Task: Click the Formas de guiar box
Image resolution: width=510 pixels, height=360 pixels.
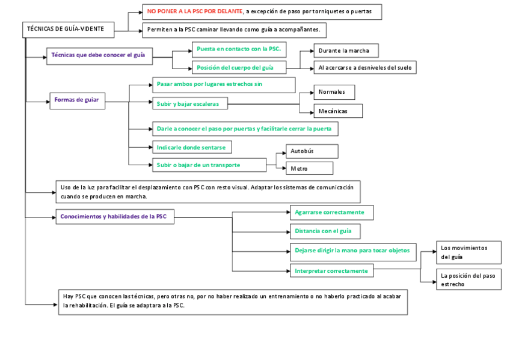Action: pyautogui.click(x=77, y=100)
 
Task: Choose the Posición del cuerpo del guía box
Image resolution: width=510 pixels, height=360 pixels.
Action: pyautogui.click(x=238, y=68)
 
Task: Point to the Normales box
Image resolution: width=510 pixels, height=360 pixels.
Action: pyautogui.click(x=334, y=92)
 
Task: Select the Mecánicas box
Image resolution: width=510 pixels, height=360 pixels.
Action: pyautogui.click(x=338, y=111)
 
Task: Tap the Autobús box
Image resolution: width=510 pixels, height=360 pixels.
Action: pyautogui.click(x=311, y=151)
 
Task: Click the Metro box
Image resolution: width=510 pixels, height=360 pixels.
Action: pyautogui.click(x=309, y=169)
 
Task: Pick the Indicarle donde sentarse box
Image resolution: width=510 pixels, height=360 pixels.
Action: pyautogui.click(x=191, y=147)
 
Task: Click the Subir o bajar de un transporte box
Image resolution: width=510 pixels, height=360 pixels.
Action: pyautogui.click(x=209, y=165)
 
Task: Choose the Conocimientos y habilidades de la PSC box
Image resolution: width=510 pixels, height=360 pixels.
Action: pyautogui.click(x=115, y=217)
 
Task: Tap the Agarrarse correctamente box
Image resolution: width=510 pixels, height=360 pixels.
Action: pyautogui.click(x=331, y=213)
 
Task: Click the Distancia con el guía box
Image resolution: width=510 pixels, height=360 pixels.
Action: pyautogui.click(x=325, y=231)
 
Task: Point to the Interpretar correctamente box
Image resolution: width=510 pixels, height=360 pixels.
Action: pyautogui.click(x=331, y=271)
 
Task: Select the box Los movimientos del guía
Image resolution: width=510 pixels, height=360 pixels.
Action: pyautogui.click(x=469, y=252)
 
